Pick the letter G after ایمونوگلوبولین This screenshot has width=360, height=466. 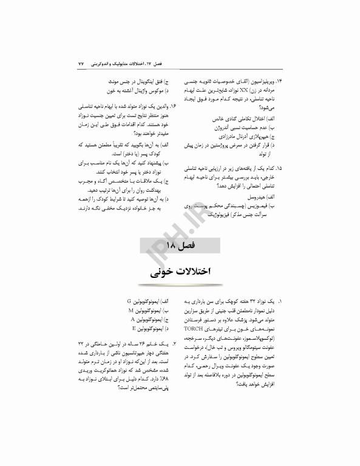coord(130,301)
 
